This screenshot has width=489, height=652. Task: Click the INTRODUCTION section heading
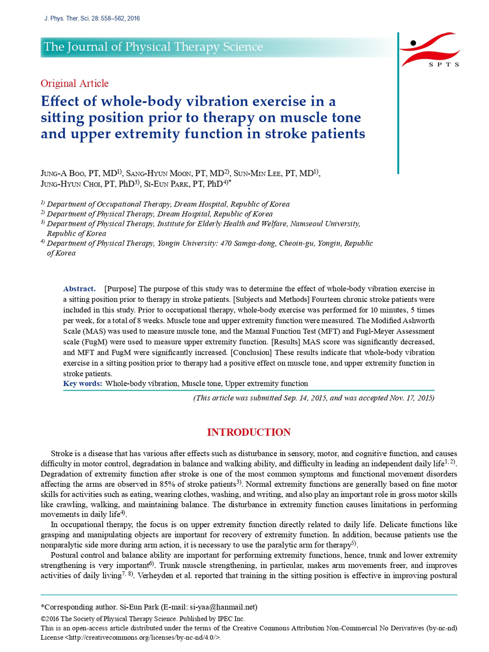coord(249,432)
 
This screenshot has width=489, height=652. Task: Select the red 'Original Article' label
coord(74,84)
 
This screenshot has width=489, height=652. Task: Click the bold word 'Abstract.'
coord(79,289)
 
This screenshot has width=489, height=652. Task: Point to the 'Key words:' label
coord(83,384)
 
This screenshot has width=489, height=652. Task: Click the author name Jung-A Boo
coord(62,173)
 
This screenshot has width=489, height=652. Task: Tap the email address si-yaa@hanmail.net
coord(223,607)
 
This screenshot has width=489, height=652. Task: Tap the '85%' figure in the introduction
coord(167,484)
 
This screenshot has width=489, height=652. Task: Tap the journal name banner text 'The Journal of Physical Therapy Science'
coord(153,47)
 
